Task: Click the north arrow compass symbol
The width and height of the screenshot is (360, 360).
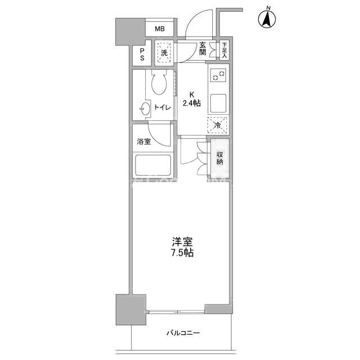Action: tap(267, 19)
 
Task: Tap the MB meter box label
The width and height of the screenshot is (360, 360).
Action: tap(160, 29)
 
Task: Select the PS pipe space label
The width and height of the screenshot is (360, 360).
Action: tap(142, 55)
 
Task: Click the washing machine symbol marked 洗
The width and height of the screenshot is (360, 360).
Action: tap(164, 53)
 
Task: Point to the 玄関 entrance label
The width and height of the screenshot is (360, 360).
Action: tap(202, 48)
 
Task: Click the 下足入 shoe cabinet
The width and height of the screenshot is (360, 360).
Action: tap(224, 50)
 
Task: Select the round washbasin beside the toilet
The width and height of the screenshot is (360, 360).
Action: tap(145, 109)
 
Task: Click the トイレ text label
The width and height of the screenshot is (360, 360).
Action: tap(163, 107)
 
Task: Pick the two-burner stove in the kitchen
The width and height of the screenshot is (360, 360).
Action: tap(218, 75)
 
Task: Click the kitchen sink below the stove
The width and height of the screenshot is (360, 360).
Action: tap(218, 103)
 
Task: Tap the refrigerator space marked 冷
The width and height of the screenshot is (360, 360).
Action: tap(217, 125)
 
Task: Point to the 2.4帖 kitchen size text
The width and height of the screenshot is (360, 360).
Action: tap(192, 103)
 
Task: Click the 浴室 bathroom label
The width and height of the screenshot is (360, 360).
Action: tap(144, 142)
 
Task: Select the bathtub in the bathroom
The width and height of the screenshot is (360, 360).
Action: tap(153, 165)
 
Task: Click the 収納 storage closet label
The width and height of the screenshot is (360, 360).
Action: tap(220, 157)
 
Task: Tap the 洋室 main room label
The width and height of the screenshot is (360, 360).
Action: tap(182, 242)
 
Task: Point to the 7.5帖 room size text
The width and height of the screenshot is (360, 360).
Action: tap(182, 253)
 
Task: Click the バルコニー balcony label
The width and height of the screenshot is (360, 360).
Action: tap(183, 333)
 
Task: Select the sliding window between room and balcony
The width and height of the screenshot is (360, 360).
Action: tap(177, 312)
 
